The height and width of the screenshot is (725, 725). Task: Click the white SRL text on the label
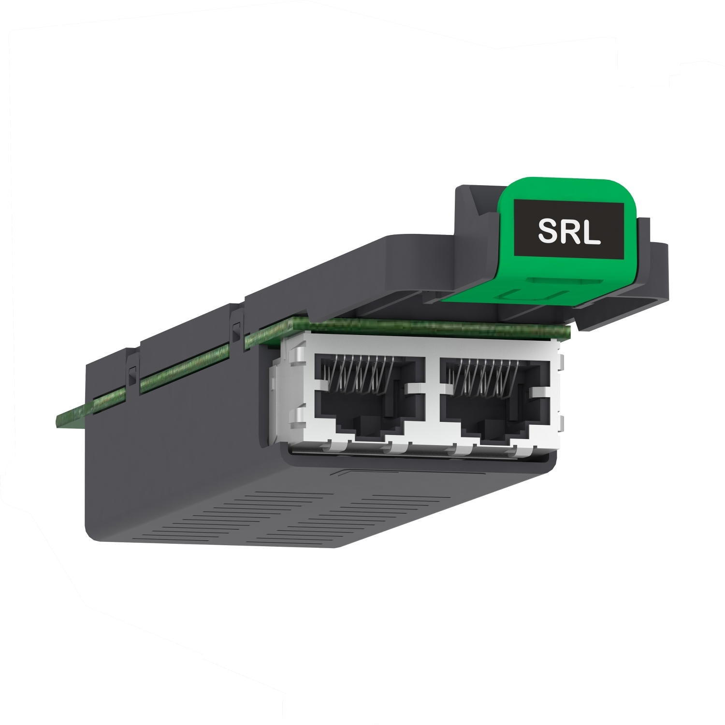point(569,232)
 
